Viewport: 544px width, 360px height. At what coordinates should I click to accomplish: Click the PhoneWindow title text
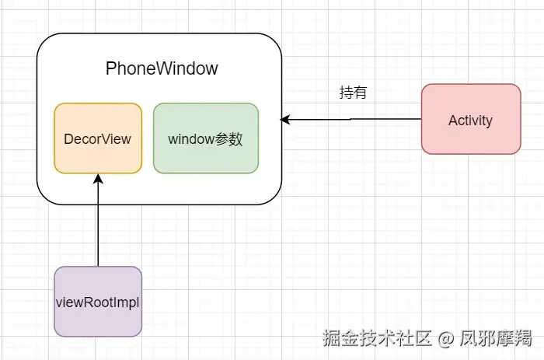162,68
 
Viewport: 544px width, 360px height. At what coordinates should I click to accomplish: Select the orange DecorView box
98,138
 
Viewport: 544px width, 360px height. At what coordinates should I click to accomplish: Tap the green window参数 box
206,138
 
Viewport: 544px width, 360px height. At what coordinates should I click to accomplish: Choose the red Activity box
470,119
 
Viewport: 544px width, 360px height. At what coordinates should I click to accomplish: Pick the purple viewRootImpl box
98,302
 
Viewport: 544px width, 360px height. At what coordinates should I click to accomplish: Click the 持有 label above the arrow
353,93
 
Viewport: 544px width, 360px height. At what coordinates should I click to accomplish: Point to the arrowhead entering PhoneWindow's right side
285,120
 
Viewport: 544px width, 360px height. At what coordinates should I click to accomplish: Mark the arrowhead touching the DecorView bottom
98,179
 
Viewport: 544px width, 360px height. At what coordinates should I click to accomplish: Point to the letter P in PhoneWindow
110,68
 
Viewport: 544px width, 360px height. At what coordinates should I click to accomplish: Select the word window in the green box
191,139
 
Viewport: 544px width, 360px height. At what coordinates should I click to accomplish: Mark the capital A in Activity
452,120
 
